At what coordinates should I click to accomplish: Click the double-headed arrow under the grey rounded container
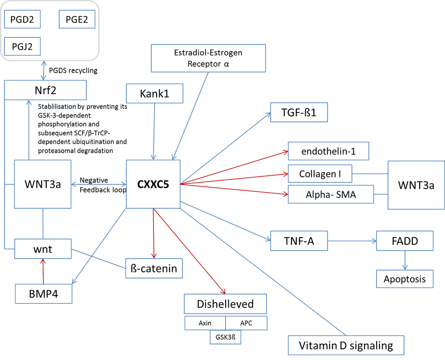click(x=44, y=70)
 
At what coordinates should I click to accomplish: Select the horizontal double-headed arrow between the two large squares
click(x=99, y=184)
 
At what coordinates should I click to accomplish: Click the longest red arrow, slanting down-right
click(x=190, y=251)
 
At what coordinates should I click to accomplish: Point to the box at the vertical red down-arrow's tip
click(x=154, y=268)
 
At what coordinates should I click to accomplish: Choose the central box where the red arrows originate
click(x=153, y=183)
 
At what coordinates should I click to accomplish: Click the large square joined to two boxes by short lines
click(x=416, y=185)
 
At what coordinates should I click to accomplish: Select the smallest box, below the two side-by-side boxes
click(x=226, y=338)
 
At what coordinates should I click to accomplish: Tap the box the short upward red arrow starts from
click(x=44, y=294)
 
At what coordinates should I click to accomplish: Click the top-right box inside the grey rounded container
click(x=77, y=19)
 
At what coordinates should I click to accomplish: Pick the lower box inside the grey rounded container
click(x=23, y=46)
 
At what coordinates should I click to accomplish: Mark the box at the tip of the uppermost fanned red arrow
click(x=328, y=151)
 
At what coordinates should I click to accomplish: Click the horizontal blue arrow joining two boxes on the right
click(x=352, y=241)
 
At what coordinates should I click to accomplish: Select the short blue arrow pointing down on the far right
click(x=405, y=260)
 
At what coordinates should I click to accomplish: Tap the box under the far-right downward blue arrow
click(x=405, y=279)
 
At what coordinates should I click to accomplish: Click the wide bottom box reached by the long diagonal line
click(x=346, y=345)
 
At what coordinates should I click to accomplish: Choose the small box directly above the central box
click(x=154, y=93)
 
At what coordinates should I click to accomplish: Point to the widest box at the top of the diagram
click(x=208, y=58)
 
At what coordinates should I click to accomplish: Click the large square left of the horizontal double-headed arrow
click(x=43, y=184)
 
